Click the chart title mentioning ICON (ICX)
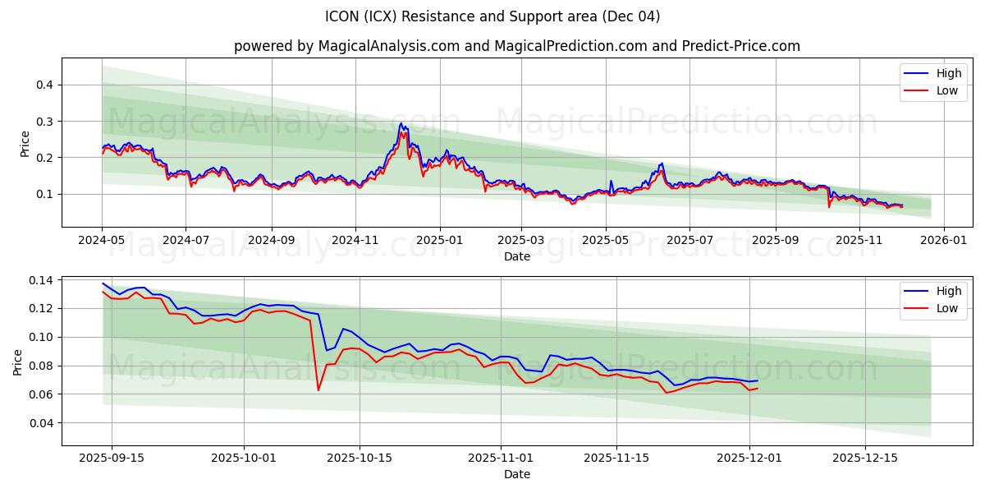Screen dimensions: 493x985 point(492,16)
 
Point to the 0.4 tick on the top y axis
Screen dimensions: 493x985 point(44,85)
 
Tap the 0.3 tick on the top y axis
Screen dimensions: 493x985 point(44,121)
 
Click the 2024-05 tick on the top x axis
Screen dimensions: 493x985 point(103,240)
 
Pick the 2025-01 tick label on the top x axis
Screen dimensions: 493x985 point(439,240)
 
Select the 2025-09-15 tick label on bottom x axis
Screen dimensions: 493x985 point(112,458)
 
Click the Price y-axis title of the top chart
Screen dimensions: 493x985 point(25,144)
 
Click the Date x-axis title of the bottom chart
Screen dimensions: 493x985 point(517,474)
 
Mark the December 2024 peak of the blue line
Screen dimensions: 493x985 point(401,123)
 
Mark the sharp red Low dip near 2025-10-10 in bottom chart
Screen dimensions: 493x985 point(318,389)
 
